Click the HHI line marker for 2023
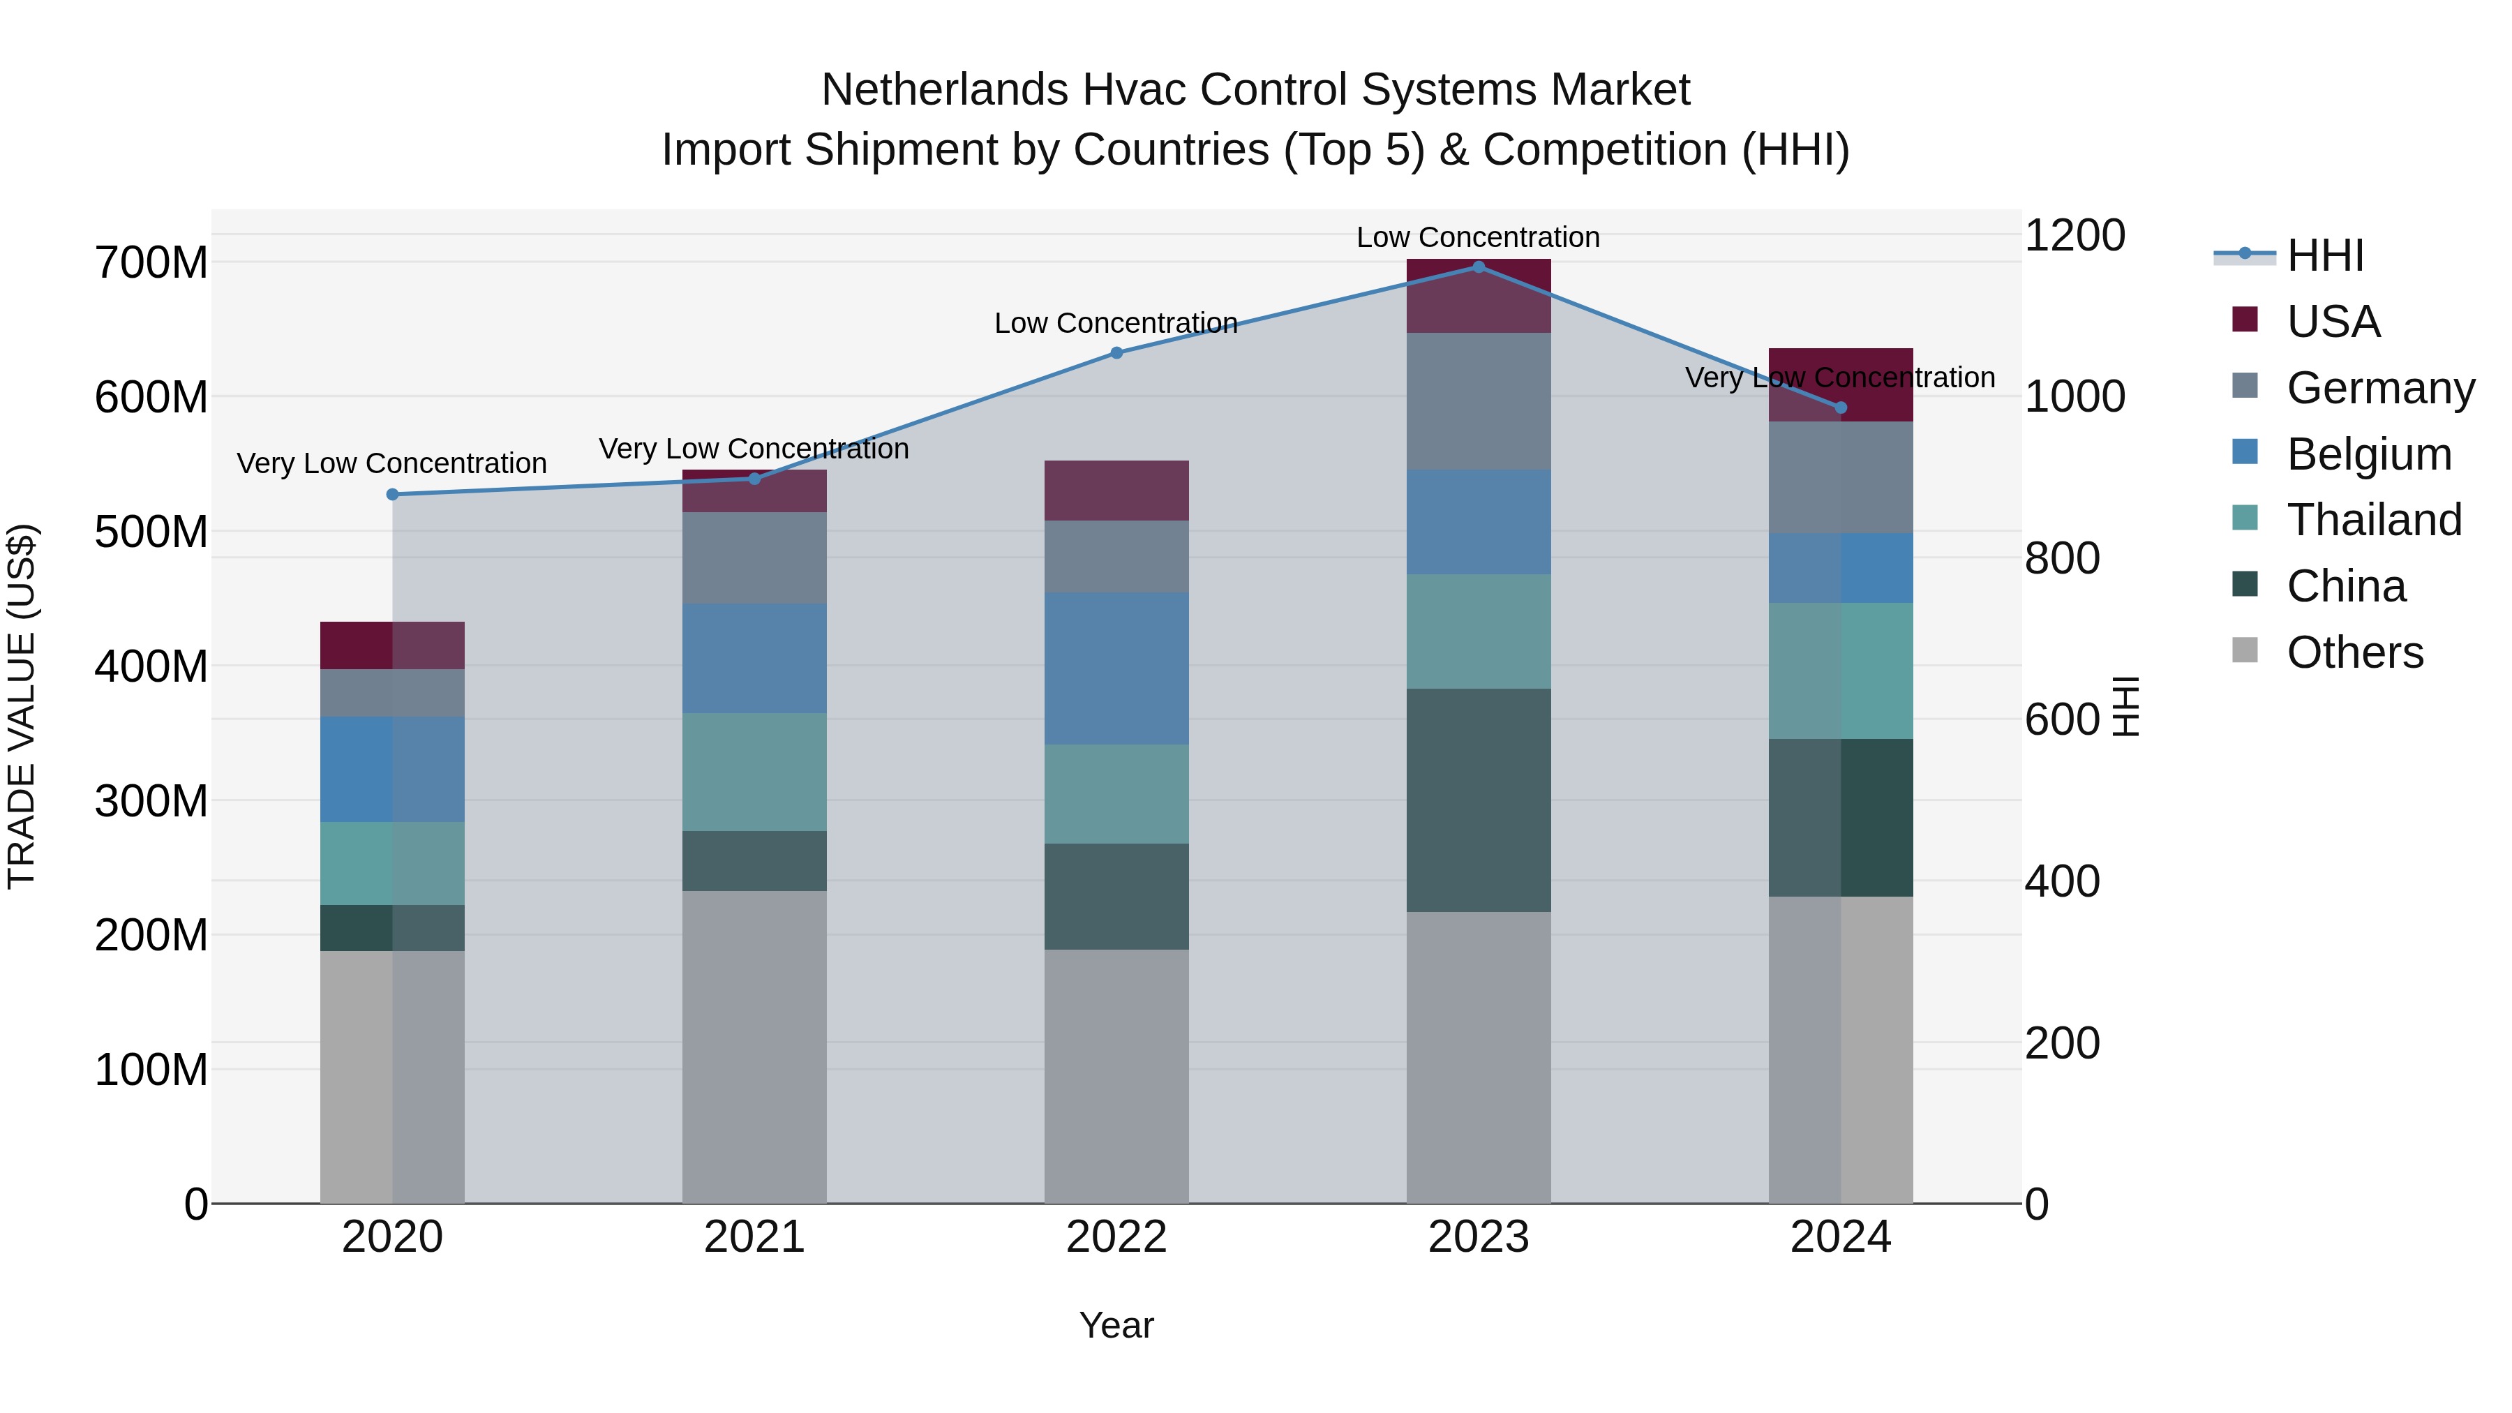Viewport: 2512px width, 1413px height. click(1479, 267)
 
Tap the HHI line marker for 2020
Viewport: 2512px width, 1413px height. click(393, 495)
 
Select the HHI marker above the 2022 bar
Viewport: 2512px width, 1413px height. click(1116, 353)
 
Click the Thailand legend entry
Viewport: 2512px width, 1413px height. click(2374, 520)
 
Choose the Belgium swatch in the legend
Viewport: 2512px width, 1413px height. click(2245, 452)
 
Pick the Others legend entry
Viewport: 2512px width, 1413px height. click(2354, 652)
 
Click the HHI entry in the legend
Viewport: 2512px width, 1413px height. click(2325, 255)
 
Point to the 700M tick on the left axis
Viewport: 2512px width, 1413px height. click(151, 263)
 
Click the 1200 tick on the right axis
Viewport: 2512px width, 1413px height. click(2075, 236)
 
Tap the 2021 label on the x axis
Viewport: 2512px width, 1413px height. click(754, 1237)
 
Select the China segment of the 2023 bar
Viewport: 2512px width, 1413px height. click(1479, 800)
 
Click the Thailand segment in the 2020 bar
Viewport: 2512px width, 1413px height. click(393, 863)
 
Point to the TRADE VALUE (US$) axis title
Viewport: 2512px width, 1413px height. click(22, 706)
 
